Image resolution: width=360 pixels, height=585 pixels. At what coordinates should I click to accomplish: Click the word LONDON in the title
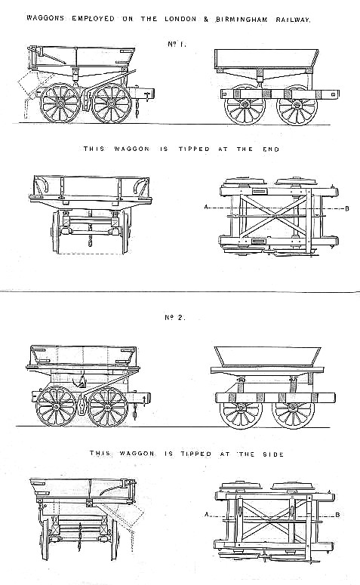coord(180,19)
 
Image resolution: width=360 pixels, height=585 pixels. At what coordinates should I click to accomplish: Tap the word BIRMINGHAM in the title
coord(242,20)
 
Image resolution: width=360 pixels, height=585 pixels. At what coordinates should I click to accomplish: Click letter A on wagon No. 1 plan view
coord(206,207)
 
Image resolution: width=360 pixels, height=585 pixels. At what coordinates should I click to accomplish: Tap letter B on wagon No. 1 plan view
coord(347,208)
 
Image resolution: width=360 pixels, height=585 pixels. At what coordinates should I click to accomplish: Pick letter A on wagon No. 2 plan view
coord(206,515)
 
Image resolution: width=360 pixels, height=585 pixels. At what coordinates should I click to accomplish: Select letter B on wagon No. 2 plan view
coord(337,515)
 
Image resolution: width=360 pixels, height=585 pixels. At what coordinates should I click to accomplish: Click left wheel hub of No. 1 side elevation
coord(60,103)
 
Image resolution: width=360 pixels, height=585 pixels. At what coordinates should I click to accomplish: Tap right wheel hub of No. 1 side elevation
coord(111,103)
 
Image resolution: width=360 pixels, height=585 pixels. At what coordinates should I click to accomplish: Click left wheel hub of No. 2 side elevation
coord(56,406)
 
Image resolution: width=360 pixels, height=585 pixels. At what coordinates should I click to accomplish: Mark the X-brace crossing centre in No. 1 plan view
coord(275,215)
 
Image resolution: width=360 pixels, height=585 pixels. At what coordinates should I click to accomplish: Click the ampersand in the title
coord(206,20)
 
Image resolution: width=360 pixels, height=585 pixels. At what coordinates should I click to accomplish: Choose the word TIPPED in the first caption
coord(194,149)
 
